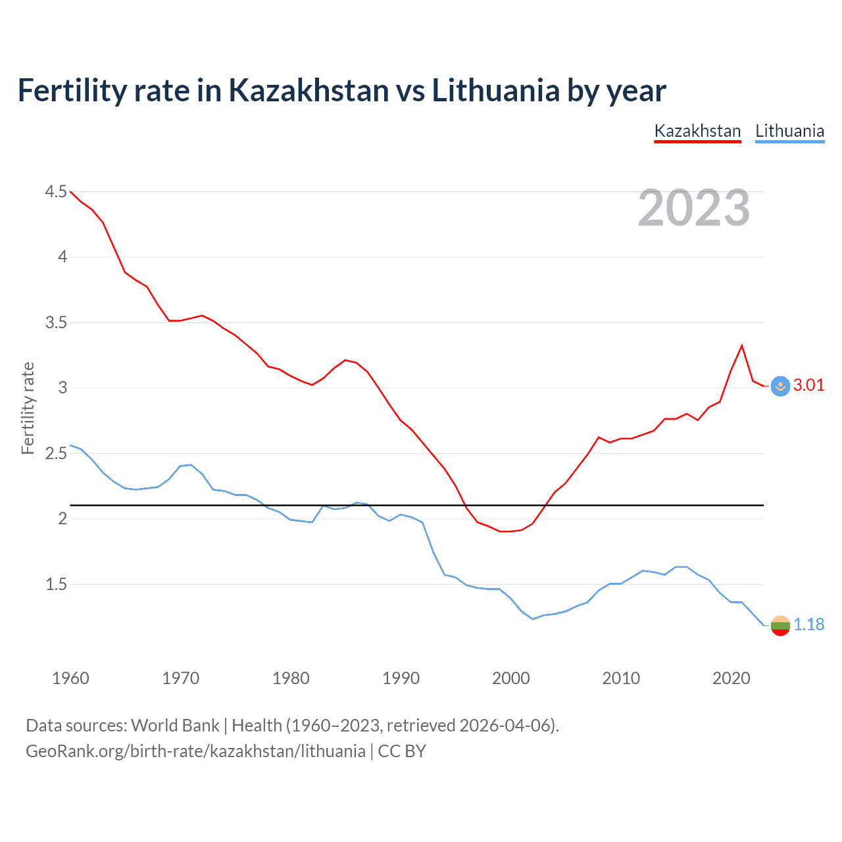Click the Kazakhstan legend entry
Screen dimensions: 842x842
point(697,131)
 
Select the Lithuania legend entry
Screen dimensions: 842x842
point(789,131)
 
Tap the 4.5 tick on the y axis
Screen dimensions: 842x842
point(56,191)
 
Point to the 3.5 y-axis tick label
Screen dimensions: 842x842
point(56,322)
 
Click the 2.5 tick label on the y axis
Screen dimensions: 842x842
point(56,453)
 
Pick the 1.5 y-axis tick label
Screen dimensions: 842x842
point(56,584)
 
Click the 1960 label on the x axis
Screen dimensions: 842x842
point(70,678)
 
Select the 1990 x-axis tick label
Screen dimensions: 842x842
point(401,678)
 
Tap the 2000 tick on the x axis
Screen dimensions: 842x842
point(511,678)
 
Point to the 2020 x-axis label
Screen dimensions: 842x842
point(731,678)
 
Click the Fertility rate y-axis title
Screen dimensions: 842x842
point(28,408)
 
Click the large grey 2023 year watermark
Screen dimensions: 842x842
point(693,208)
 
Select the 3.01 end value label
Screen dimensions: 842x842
point(808,385)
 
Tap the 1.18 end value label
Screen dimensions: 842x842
point(808,624)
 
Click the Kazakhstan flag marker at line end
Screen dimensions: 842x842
point(780,386)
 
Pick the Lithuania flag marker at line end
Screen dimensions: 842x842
point(780,626)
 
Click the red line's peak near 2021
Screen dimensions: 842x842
point(742,345)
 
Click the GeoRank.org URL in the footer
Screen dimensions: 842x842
point(195,751)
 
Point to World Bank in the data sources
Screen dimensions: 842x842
point(175,726)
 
